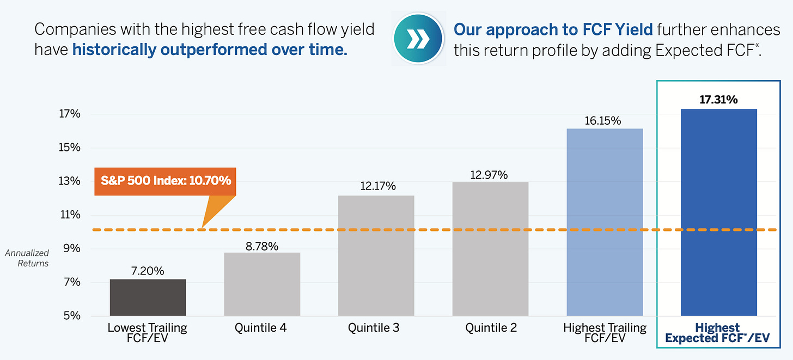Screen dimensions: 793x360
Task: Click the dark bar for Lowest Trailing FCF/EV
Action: click(148, 297)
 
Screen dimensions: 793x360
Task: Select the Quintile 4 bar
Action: click(262, 284)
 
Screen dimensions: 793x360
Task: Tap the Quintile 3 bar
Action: click(376, 255)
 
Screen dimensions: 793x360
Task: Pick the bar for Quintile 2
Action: click(490, 249)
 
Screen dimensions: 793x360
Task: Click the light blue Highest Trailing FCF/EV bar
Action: click(605, 222)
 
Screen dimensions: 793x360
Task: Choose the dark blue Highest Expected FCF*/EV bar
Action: click(719, 212)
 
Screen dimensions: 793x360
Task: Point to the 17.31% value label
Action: click(719, 100)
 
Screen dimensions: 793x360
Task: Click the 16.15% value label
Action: click(602, 121)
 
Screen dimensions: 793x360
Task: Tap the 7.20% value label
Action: click(148, 271)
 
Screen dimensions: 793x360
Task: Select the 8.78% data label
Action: click(262, 246)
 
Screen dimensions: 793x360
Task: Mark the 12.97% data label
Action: click(489, 175)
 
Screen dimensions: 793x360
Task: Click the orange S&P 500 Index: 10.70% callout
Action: click(166, 181)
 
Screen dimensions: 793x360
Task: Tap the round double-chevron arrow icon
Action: click(418, 38)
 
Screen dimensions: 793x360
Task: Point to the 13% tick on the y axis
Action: click(69, 181)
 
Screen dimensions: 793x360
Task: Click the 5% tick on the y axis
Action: click(72, 315)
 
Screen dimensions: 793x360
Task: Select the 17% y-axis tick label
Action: click(70, 114)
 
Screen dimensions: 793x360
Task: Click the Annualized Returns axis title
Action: click(27, 258)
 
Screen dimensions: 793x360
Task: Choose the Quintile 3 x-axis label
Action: click(374, 328)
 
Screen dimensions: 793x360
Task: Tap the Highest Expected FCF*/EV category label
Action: click(718, 333)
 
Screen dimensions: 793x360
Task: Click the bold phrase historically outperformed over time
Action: click(210, 50)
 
